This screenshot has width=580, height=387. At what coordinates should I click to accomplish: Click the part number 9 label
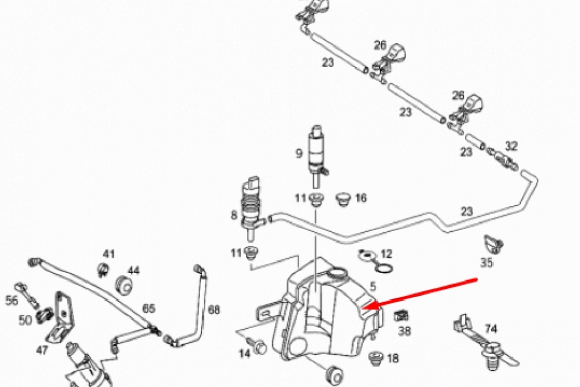click(x=299, y=152)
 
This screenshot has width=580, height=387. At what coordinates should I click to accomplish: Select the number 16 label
click(x=361, y=198)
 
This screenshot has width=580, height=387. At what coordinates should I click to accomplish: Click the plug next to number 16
click(x=342, y=199)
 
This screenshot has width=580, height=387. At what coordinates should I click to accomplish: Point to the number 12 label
click(x=386, y=254)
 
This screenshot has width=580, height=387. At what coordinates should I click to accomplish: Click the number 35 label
click(x=487, y=263)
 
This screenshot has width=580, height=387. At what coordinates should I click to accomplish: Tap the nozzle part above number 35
click(x=492, y=244)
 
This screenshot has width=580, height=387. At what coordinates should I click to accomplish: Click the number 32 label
click(x=511, y=146)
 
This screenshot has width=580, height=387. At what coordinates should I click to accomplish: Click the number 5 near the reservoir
click(x=373, y=287)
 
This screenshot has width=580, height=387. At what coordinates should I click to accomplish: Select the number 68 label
click(x=214, y=310)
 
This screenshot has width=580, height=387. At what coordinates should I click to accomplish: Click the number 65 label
click(x=148, y=309)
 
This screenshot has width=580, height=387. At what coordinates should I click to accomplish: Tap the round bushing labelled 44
click(x=124, y=283)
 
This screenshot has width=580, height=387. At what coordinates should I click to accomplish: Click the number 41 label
click(x=109, y=253)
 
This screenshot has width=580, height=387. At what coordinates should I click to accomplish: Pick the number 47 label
click(x=42, y=350)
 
